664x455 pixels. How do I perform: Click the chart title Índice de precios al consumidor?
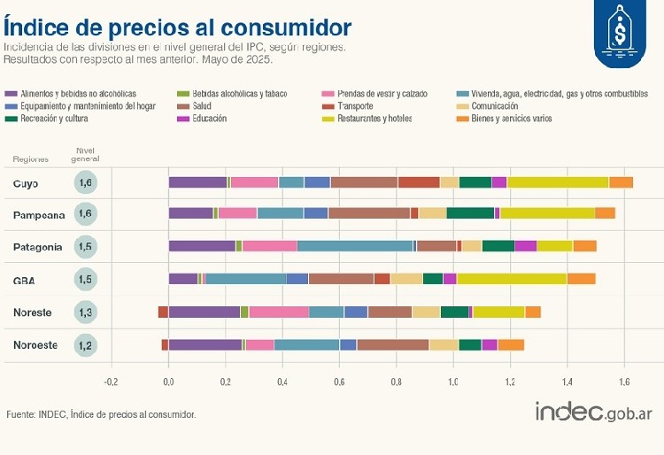[x=177, y=27]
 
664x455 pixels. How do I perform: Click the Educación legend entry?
[x=209, y=119]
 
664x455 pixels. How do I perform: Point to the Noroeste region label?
[x=35, y=345]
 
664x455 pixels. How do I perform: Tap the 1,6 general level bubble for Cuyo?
[x=86, y=183]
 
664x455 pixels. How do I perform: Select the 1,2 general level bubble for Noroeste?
[x=86, y=345]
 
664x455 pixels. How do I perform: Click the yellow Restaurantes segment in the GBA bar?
[x=511, y=279]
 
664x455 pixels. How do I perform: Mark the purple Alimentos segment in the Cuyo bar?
[x=197, y=182]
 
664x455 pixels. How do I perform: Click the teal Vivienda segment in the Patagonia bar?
[x=355, y=246]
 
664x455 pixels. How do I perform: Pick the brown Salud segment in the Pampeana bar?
[x=368, y=213]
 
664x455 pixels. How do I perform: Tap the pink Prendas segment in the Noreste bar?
[x=279, y=312]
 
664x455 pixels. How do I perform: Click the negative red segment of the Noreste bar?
[x=163, y=312]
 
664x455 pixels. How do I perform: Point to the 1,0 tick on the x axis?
[x=453, y=382]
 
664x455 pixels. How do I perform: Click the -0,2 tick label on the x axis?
[x=111, y=382]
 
